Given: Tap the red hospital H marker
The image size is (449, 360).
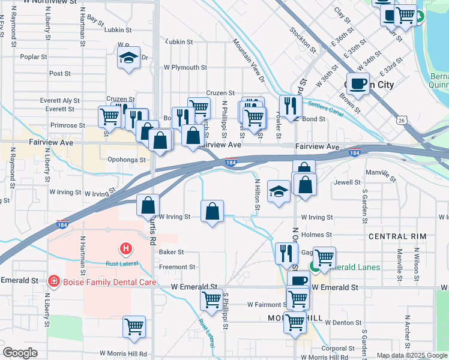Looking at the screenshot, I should click(126, 247).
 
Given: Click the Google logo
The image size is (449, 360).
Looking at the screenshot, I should click(20, 353).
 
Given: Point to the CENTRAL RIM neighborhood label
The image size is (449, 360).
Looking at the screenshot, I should click(397, 236).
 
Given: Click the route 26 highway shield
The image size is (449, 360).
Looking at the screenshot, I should click(400, 121).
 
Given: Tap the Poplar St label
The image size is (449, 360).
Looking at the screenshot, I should click(34, 57).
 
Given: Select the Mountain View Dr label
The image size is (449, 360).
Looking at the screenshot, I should click(249, 59).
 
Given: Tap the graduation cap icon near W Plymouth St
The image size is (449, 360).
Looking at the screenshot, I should click(129, 58).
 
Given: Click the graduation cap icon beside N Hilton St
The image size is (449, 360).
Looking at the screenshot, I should click(279, 191).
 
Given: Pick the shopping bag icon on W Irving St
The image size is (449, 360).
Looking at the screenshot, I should click(212, 211).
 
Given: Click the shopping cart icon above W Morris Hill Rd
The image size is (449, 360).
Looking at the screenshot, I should click(134, 327).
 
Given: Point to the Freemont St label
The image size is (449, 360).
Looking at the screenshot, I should click(177, 267).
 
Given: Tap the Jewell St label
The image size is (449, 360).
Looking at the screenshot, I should click(348, 182).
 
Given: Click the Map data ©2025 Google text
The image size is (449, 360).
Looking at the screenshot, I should click(411, 355).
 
